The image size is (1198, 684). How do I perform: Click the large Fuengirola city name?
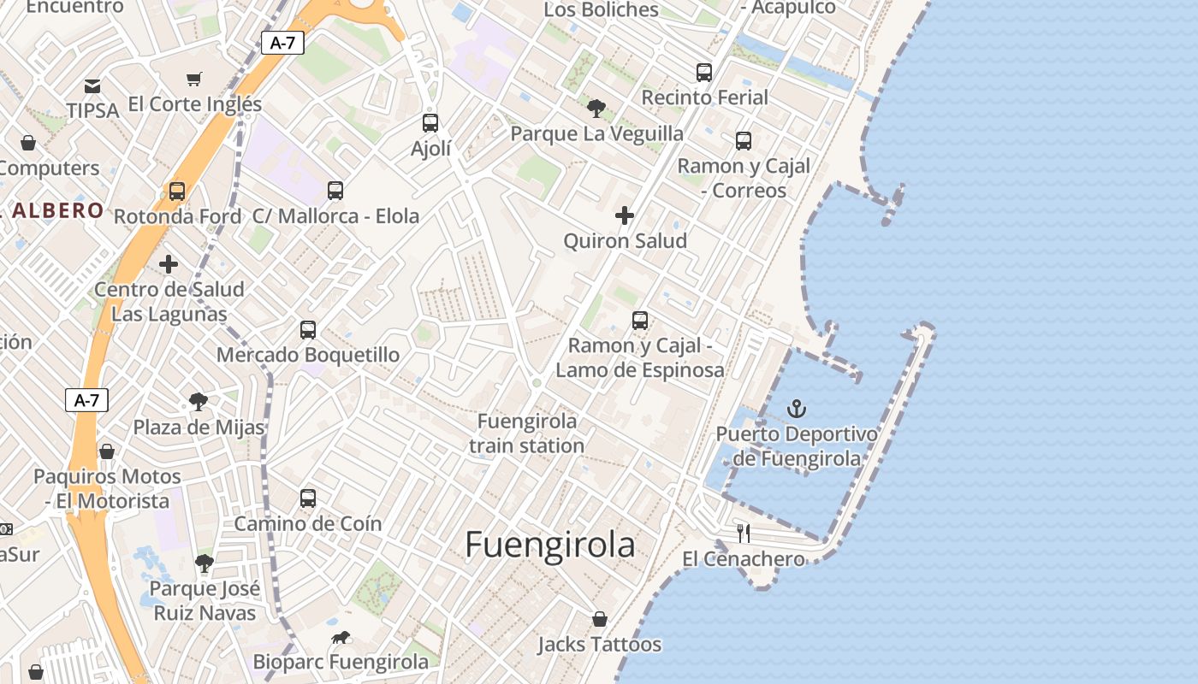tap(550, 545)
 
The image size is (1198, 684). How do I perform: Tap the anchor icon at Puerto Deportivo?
tap(797, 409)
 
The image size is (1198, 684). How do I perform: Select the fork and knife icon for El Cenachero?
tap(744, 534)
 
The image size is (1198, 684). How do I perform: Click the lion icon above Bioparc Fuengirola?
tap(341, 638)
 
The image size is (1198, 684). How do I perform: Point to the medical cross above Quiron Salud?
tap(625, 215)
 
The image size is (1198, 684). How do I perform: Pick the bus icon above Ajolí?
tap(430, 123)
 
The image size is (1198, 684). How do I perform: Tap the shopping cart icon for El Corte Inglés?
tap(194, 80)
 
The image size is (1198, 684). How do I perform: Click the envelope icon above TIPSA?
tap(92, 85)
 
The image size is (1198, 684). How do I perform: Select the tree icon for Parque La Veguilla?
tap(596, 109)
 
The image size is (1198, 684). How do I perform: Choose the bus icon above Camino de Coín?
tap(308, 498)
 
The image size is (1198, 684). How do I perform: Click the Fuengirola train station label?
tap(527, 433)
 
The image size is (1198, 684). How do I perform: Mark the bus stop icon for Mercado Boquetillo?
tap(308, 329)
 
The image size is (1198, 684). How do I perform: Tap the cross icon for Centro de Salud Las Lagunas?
tap(169, 263)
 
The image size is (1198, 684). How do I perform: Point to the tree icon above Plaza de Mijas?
tap(199, 401)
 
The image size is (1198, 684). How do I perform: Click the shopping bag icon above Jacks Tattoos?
tap(600, 618)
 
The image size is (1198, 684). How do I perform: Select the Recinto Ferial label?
tap(705, 97)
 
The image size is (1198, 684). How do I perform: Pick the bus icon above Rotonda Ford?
tap(177, 192)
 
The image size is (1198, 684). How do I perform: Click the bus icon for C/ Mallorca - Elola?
tap(335, 191)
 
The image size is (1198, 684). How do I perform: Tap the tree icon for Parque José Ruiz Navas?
tap(204, 563)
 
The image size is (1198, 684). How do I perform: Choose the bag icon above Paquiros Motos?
tap(107, 451)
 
